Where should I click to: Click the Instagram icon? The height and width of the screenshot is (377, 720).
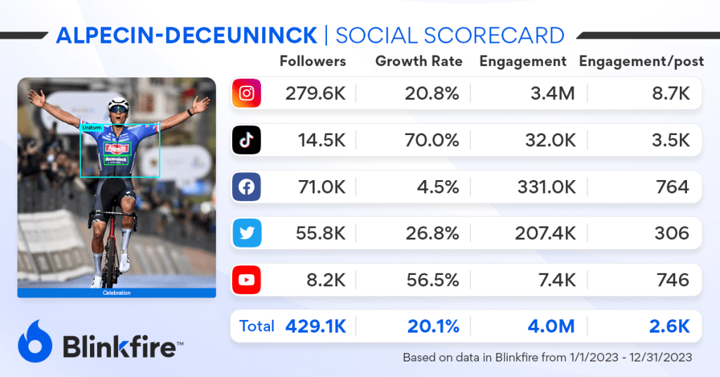pos(247,94)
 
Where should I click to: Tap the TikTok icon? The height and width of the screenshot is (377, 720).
pos(247,140)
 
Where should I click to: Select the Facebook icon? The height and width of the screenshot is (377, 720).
pos(247,187)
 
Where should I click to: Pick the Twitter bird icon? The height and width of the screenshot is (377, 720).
pos(247,234)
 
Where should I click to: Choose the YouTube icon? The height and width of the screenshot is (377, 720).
pos(247,280)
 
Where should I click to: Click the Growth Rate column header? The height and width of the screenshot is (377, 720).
pos(419,61)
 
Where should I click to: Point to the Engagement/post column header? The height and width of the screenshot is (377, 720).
pos(641,61)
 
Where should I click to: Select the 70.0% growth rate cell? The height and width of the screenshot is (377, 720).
pos(432,140)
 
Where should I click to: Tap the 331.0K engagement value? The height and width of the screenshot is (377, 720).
pos(545,187)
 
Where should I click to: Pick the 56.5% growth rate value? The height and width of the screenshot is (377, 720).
pos(432,280)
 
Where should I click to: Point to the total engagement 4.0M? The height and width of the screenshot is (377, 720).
pos(551,326)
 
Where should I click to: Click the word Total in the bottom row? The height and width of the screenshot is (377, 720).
pos(257,326)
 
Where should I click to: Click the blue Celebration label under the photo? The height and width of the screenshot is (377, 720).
pos(117,293)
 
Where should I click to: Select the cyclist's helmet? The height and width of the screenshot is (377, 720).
pos(119,103)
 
